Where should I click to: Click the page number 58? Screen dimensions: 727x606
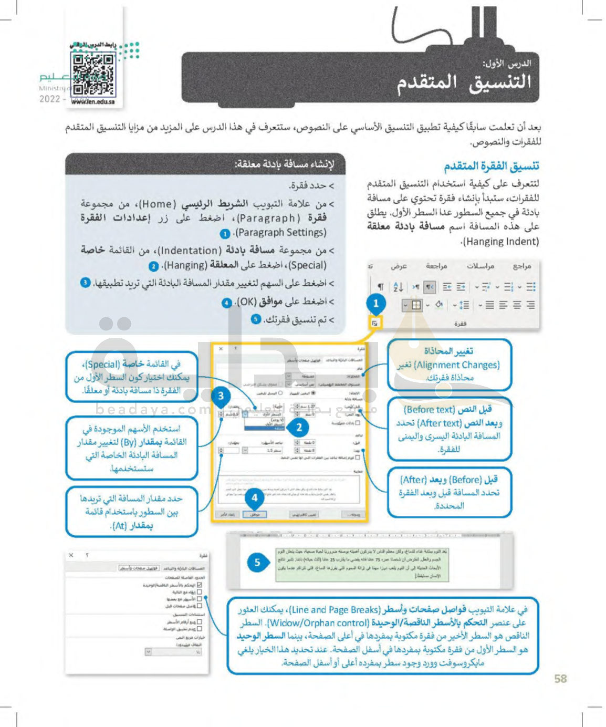[x=560, y=679]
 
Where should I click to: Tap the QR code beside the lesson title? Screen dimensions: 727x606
[x=93, y=74]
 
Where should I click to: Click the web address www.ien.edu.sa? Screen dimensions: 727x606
[x=93, y=102]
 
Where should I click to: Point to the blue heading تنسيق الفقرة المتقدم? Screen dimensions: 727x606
[x=491, y=167]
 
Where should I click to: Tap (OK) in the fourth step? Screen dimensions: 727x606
[x=246, y=302]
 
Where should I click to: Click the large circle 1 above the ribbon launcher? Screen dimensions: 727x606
[x=376, y=303]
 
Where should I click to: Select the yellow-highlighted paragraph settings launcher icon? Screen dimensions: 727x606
[x=374, y=323]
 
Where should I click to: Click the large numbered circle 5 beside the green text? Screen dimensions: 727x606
[x=257, y=563]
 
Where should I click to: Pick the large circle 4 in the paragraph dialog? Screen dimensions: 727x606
[x=255, y=497]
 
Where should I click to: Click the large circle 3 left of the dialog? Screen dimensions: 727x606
[x=221, y=396]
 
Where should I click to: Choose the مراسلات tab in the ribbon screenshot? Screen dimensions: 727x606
[x=480, y=266]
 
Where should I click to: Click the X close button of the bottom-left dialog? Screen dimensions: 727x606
[x=71, y=555]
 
